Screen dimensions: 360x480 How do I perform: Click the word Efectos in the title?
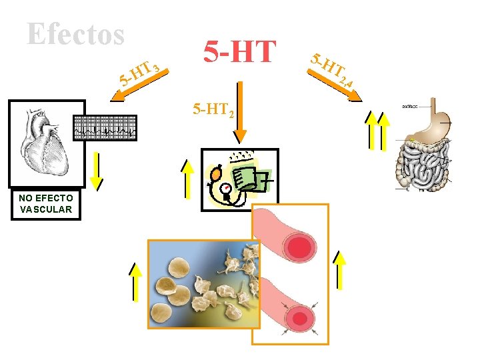click(76, 33)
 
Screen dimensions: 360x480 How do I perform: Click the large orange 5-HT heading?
click(239, 51)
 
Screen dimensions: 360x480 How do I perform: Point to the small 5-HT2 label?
click(213, 110)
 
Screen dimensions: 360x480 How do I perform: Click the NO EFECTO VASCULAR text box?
click(46, 204)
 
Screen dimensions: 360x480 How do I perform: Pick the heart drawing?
click(43, 143)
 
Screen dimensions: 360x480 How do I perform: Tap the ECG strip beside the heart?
click(105, 127)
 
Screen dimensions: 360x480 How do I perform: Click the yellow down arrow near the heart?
click(97, 170)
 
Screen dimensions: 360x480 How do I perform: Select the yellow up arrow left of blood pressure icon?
click(189, 176)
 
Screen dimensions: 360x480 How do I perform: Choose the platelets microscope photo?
click(203, 284)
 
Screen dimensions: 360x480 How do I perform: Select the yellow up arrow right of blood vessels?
click(341, 269)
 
